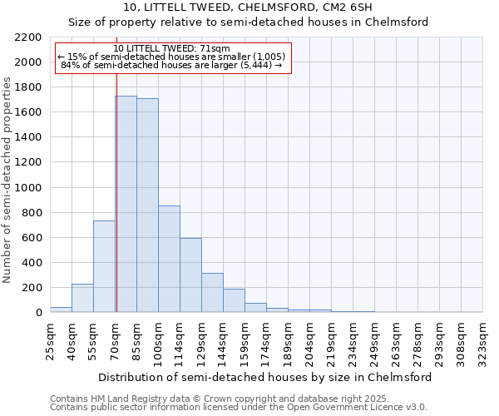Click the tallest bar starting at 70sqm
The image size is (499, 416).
pos(126,204)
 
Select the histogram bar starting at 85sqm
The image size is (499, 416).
pos(147,206)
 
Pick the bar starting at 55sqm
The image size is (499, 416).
pos(104,266)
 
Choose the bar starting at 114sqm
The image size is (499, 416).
pos(190,275)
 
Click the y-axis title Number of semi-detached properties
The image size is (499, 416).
pos(8,179)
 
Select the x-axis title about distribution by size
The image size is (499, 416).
pos(264,377)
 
